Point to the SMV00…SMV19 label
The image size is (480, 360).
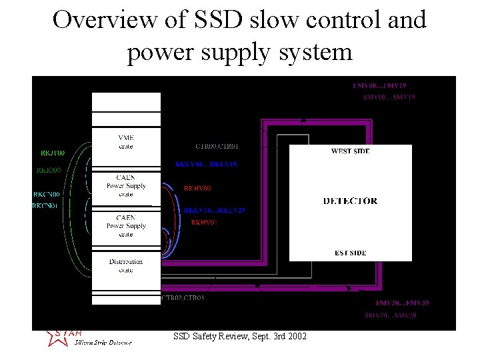pos(389,97)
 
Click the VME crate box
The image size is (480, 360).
pos(126,141)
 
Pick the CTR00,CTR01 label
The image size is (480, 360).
pos(217,146)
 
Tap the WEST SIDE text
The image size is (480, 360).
pos(350,151)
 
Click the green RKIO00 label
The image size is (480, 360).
pos(49,170)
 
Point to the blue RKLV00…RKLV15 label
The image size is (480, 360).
pos(206,164)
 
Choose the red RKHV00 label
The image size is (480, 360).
pos(197,189)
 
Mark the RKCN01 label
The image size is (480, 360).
pos(46,206)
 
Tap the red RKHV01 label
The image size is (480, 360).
pos(204,222)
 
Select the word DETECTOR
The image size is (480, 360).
pos(350,201)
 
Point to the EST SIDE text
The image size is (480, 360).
pos(350,253)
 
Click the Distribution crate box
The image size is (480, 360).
pos(126,265)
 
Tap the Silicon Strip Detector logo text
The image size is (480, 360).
pos(103,342)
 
